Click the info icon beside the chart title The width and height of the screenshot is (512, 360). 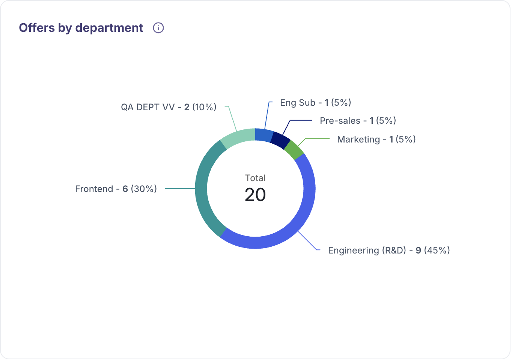pyautogui.click(x=158, y=28)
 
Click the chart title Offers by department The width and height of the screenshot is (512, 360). pyautogui.click(x=81, y=28)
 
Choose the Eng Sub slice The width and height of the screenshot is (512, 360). pyautogui.click(x=264, y=135)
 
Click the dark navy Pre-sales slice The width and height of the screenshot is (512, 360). pyautogui.click(x=280, y=140)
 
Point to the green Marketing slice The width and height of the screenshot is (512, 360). pyautogui.click(x=294, y=150)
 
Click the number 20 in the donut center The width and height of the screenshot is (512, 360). pyautogui.click(x=255, y=195)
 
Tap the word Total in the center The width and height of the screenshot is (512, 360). pyautogui.click(x=255, y=178)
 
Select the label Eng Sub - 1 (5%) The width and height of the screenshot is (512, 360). pyautogui.click(x=315, y=103)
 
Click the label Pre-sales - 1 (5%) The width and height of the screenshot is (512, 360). pyautogui.click(x=358, y=121)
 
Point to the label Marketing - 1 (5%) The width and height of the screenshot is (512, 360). pyautogui.click(x=376, y=139)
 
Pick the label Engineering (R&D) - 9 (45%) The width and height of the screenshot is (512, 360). pyautogui.click(x=389, y=250)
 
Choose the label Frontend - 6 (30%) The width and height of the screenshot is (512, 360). pyautogui.click(x=116, y=189)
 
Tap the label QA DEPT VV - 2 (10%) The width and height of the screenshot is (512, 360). pyautogui.click(x=169, y=107)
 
